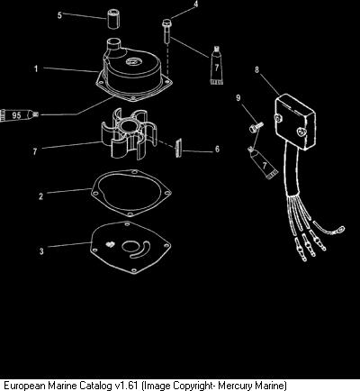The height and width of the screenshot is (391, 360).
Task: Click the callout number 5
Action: tap(59, 14)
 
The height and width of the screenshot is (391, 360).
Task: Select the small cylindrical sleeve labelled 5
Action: tap(113, 19)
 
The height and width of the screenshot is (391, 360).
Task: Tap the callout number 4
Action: tap(196, 5)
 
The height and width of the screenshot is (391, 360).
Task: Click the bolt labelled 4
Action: tap(166, 31)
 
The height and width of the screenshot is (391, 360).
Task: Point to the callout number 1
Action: tap(36, 68)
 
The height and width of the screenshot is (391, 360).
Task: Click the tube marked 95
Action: tap(19, 115)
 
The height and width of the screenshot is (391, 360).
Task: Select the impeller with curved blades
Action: tap(129, 133)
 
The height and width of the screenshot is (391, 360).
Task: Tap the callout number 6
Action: tap(217, 149)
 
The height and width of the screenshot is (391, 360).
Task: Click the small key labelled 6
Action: tap(178, 148)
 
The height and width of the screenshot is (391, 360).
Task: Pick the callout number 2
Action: tap(41, 196)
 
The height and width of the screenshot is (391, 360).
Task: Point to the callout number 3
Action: tap(41, 251)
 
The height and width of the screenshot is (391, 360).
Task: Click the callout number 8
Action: tap(256, 69)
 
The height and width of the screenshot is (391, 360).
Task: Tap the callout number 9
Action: tap(238, 97)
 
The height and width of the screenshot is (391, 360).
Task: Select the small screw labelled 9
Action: tap(256, 126)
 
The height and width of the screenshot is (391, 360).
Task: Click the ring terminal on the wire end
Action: tap(340, 230)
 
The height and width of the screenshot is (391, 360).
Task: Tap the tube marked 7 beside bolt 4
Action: tap(216, 65)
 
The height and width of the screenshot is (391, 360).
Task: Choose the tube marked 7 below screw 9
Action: tap(262, 163)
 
